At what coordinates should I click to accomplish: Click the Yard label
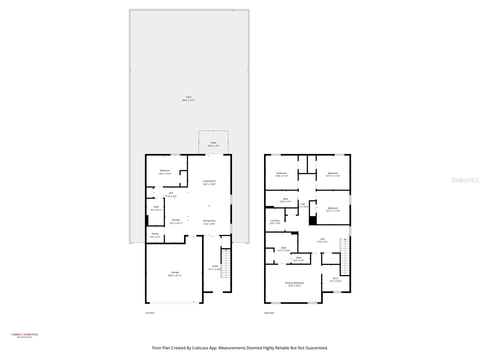tap(188, 97)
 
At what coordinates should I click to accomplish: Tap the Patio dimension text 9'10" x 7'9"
tap(213, 146)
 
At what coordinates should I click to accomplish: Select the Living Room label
tap(209, 181)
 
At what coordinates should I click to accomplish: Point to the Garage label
tap(175, 272)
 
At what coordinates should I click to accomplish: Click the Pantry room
tap(155, 235)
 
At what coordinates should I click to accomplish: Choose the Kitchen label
tap(176, 220)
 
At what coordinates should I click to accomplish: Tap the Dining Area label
tap(209, 221)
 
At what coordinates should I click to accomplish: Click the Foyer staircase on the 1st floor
tap(225, 263)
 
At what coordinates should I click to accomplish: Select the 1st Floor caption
tap(150, 313)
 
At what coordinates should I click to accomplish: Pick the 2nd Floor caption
tap(269, 313)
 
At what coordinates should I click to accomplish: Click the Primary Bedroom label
tap(294, 283)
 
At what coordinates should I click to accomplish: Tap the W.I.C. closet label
tap(336, 278)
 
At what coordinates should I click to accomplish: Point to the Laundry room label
tap(275, 221)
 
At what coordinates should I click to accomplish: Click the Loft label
tap(322, 239)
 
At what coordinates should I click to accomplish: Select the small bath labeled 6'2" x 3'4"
tap(299, 259)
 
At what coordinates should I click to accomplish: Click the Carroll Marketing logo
tap(25, 335)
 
